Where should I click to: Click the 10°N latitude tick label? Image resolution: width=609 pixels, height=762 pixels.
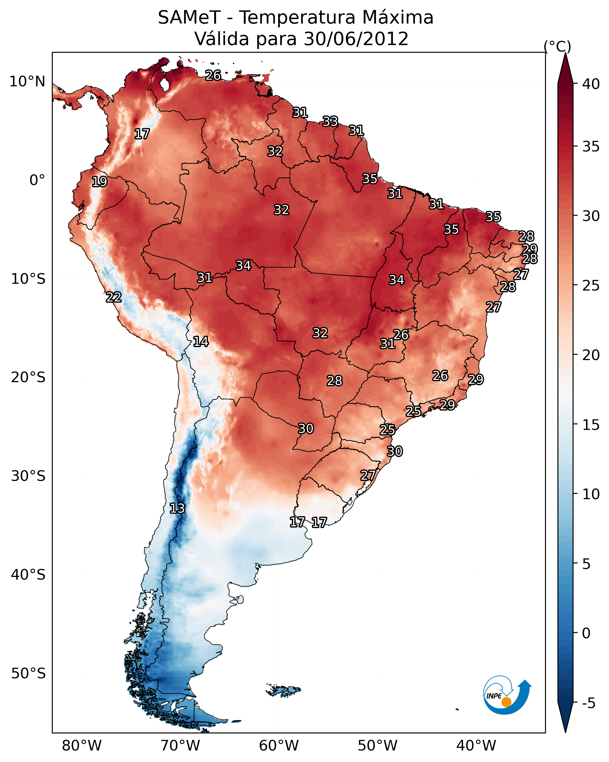pos(27,82)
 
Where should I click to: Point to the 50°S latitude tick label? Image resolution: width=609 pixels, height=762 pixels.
pos(28,674)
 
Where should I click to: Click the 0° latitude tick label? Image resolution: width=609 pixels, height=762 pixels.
pos(37,180)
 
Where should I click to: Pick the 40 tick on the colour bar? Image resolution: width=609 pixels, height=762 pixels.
pos(591,84)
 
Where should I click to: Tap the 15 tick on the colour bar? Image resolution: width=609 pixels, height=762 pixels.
pos(591,425)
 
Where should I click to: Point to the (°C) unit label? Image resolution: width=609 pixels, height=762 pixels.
pos(557,46)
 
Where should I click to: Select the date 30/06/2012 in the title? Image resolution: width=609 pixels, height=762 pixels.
pos(356,39)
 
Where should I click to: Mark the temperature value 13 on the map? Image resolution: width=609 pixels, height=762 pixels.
pos(177,508)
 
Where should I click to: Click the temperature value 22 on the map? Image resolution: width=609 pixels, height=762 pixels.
pos(114,297)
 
